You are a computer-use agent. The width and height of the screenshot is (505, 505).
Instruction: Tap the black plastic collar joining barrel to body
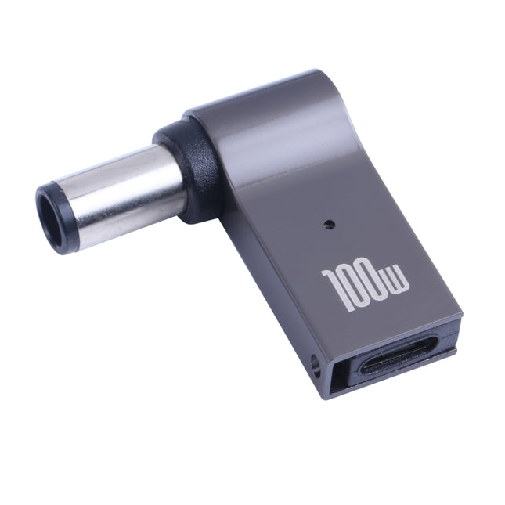(188, 168)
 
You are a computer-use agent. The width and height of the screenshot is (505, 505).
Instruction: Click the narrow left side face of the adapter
(266, 298)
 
